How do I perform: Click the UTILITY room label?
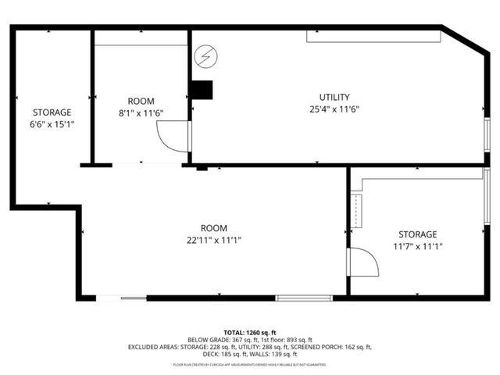334,97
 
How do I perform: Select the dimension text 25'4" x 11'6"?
334,109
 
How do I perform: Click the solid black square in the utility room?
203,90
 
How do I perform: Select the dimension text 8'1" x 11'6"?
141,113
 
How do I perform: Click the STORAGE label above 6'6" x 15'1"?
52,112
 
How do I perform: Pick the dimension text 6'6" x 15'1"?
52,124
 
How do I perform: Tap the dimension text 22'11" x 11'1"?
214,240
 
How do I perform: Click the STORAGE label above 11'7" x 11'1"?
417,234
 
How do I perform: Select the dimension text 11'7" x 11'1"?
417,246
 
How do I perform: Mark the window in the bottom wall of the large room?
304,298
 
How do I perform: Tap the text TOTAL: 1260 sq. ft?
250,332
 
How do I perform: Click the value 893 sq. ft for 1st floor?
298,340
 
